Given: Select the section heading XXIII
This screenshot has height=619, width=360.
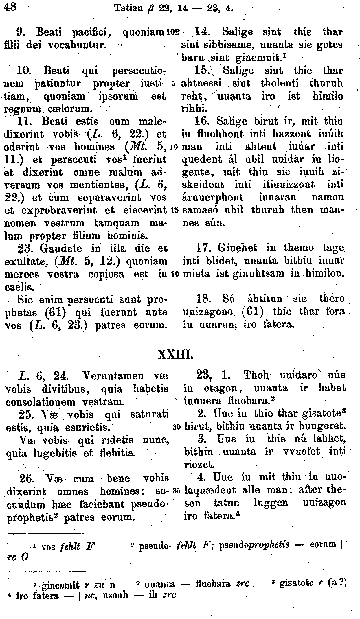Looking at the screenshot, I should click(x=175, y=354).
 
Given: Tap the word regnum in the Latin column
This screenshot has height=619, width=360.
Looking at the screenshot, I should click(x=22, y=109).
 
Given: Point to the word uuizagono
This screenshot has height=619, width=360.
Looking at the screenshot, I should click(x=208, y=312).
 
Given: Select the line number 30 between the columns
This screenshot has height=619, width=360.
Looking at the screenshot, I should click(x=177, y=427).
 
